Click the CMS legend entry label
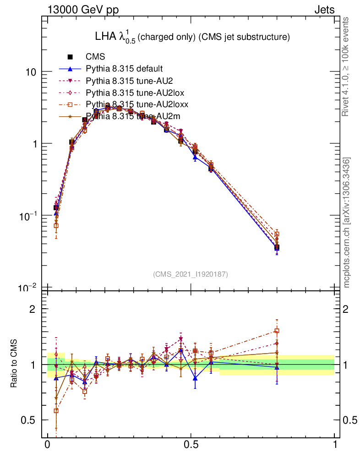[95, 57]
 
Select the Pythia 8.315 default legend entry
[124, 69]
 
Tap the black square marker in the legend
[70, 57]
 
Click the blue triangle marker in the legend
[70, 69]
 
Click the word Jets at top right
[324, 10]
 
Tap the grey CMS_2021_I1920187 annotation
[190, 274]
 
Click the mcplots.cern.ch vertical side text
[347, 223]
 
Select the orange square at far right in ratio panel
[277, 331]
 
